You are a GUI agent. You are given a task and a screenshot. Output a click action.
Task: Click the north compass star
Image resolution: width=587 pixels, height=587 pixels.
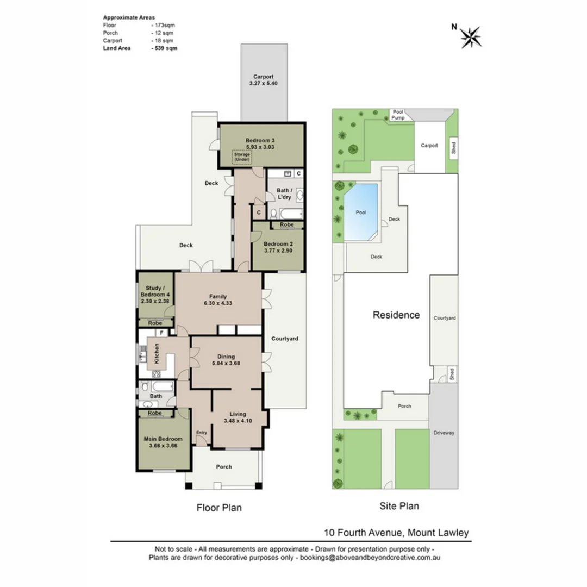[x=471, y=38]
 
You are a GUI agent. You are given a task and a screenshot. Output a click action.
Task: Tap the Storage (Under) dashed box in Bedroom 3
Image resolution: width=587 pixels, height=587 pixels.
[x=242, y=157]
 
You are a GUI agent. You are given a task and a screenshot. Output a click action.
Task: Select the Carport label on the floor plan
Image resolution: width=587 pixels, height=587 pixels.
[x=263, y=77]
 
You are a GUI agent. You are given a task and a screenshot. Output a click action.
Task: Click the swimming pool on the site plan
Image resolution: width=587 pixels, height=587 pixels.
[x=360, y=212]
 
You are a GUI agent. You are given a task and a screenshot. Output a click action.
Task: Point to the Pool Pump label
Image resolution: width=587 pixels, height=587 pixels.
[x=398, y=115]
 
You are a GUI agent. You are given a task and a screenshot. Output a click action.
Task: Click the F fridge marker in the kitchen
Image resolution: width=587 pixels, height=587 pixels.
[x=162, y=333]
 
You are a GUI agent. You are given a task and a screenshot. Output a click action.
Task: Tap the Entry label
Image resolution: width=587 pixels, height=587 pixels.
[x=202, y=433]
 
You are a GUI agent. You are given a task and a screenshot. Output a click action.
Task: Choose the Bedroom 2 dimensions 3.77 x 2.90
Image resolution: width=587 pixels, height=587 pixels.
[x=278, y=251]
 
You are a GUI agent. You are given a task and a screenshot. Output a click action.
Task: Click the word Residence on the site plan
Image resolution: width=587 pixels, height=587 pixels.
[x=396, y=315]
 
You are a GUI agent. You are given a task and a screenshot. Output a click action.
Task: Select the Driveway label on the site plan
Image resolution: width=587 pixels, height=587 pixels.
[x=444, y=433]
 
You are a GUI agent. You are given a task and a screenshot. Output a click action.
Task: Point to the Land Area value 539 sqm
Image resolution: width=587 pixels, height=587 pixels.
[x=166, y=48]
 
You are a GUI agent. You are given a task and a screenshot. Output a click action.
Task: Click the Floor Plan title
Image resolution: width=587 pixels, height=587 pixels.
[x=219, y=508]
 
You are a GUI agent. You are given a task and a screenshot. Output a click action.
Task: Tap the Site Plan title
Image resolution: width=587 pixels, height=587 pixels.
[x=399, y=506]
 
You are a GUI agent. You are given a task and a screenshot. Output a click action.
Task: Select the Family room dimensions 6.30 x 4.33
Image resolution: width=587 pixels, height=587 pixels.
[x=218, y=303]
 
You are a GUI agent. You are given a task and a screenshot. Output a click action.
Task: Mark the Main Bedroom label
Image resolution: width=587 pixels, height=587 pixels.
[x=163, y=439]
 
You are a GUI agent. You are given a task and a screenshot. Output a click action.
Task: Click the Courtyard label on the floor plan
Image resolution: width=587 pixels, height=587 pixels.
[x=284, y=339]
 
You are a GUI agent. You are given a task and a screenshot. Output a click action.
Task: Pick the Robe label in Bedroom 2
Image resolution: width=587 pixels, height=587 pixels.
[x=287, y=224]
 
